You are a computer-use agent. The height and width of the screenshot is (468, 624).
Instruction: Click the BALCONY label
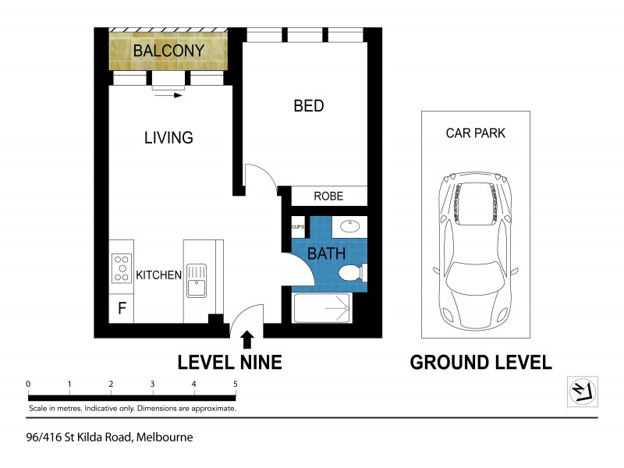pos(168,51)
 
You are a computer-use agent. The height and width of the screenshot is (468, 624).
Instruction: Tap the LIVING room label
pos(168,138)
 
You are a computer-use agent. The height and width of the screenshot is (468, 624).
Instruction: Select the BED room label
pos(308,106)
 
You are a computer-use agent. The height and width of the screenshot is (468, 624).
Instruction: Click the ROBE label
pos(328,197)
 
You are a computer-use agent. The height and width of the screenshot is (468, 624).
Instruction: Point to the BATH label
pos(321,254)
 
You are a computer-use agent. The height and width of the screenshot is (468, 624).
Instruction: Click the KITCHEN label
pos(159,275)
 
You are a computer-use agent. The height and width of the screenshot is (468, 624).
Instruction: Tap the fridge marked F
pos(122,308)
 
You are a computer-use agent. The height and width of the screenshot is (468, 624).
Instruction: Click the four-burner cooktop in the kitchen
pos(122,268)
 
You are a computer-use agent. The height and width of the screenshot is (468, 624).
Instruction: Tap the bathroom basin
pos(350,227)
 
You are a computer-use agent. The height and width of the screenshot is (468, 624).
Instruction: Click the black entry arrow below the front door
pos(247,339)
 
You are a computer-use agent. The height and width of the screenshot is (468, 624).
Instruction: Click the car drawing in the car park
pos(475,250)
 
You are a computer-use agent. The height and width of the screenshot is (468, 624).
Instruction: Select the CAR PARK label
pos(475,133)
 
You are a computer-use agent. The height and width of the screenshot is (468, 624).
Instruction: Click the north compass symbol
pos(581,390)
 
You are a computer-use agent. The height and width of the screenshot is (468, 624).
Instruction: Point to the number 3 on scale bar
pos(152,384)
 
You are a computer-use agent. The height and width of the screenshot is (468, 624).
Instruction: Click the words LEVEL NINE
pos(229,362)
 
